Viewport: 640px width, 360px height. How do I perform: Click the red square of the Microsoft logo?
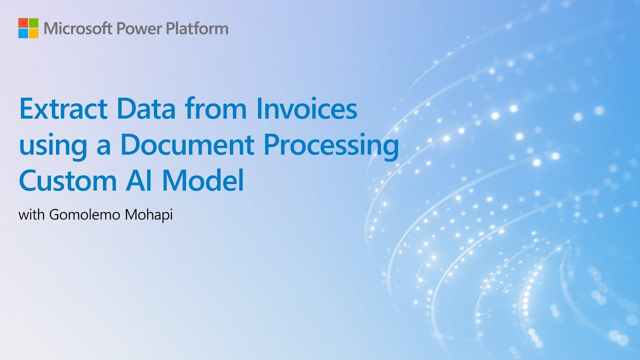point(23,22)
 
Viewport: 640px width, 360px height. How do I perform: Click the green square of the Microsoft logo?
point(33,22)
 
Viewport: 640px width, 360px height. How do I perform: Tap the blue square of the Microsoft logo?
point(23,33)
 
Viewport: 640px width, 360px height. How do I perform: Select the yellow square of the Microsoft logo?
point(33,33)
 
